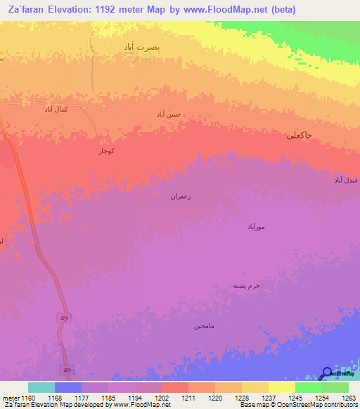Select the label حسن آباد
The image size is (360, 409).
point(169,114)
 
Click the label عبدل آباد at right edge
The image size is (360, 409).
point(347,181)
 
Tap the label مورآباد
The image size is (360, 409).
point(255,228)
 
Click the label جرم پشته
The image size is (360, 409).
point(247,286)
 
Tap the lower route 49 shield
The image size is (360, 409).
point(67,370)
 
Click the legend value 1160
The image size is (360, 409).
point(28,398)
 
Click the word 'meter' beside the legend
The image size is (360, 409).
point(10,398)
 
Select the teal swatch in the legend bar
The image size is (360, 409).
point(41,387)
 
